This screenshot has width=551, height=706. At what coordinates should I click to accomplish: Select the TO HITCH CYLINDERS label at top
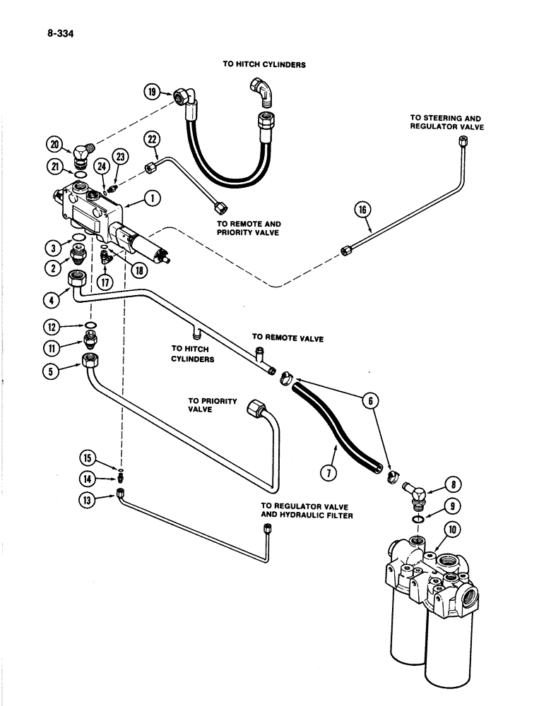263,64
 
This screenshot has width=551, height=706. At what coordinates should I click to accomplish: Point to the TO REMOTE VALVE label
288,339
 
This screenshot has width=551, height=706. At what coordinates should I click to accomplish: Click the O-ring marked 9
420,520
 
